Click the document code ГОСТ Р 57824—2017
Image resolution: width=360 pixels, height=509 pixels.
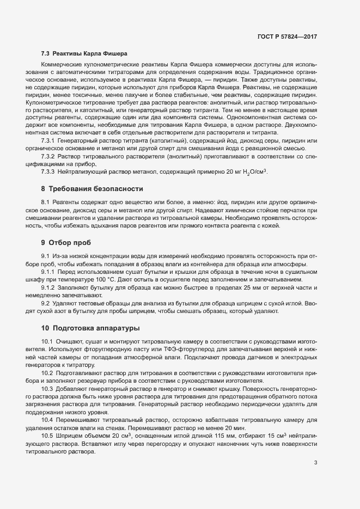click(x=287, y=36)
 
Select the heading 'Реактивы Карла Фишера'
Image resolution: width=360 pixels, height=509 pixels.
click(x=89, y=54)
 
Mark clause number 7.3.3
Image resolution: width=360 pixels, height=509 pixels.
click(x=50, y=171)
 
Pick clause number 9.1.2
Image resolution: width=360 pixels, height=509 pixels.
click(x=50, y=287)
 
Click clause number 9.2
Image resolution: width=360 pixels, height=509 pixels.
click(x=46, y=303)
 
